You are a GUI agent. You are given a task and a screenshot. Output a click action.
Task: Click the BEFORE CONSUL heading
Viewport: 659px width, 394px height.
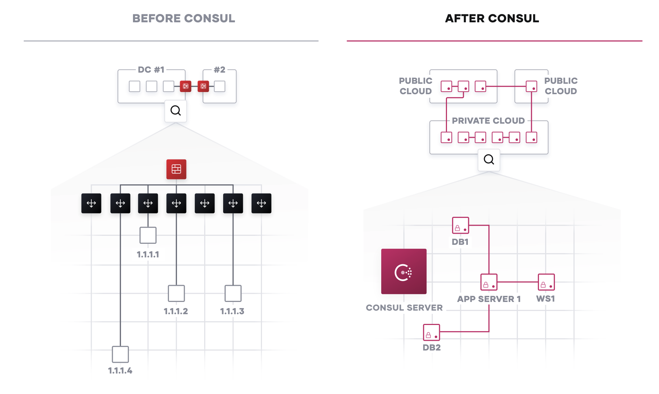[x=184, y=18]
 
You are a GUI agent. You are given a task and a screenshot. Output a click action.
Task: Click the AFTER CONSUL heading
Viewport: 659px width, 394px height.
[x=492, y=18]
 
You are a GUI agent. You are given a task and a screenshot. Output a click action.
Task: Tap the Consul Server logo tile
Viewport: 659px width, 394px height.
[x=404, y=271]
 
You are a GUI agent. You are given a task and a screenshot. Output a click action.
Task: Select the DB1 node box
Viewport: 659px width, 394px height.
[x=460, y=225]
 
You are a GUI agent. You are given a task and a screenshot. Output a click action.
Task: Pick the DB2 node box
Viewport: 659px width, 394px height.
[x=431, y=332]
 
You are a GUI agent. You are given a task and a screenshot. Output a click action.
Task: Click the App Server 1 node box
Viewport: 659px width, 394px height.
[x=489, y=282]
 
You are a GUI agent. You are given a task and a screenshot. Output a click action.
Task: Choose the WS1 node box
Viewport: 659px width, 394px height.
[x=546, y=282]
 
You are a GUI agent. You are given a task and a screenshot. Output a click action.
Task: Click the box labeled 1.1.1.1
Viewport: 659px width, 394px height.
[x=148, y=235]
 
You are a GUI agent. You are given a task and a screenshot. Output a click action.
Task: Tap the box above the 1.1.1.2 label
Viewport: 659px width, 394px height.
[x=176, y=293]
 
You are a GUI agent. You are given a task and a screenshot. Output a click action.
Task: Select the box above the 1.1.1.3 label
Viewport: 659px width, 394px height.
[x=233, y=293]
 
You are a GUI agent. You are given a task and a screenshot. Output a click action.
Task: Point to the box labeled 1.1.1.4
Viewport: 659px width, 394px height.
[x=120, y=354]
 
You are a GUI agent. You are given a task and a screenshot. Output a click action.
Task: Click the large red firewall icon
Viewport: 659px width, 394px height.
[x=176, y=169]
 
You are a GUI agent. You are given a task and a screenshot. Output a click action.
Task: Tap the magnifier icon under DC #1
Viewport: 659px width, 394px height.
[x=175, y=111]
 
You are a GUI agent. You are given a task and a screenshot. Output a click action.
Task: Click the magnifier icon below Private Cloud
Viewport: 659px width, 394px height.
[x=489, y=160]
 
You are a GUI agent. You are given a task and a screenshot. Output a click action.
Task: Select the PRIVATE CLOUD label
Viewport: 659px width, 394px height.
[x=488, y=121]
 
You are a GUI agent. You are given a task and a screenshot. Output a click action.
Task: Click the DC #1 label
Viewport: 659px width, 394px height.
[x=151, y=70]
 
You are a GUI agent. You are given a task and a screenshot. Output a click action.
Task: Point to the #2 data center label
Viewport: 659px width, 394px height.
[x=220, y=70]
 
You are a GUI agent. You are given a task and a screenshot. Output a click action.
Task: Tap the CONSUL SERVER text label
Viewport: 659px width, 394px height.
[x=404, y=308]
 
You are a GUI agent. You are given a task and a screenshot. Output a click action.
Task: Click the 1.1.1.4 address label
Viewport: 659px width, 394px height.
[x=120, y=371]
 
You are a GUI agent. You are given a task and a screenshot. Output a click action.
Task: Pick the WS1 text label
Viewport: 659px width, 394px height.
[x=545, y=299]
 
